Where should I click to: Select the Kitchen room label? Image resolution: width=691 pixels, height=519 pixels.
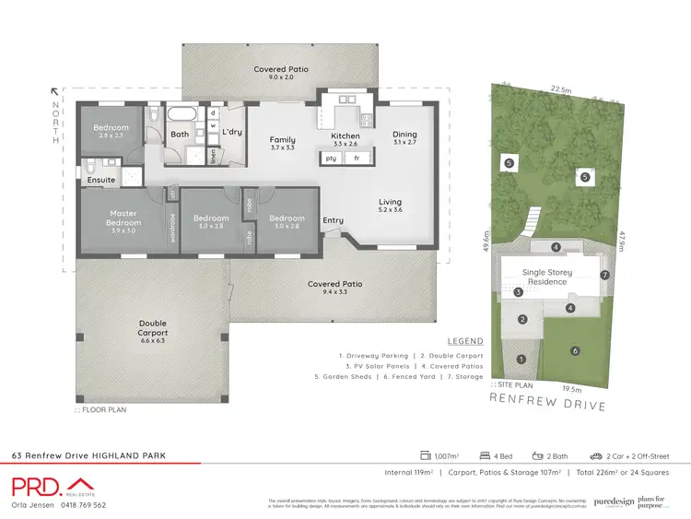[345, 136]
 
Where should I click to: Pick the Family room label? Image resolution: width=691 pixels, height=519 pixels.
[282, 140]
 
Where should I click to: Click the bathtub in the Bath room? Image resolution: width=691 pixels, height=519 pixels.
[181, 117]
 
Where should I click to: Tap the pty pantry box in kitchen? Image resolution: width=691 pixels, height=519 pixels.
[331, 159]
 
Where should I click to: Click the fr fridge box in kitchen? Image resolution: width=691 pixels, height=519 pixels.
[356, 159]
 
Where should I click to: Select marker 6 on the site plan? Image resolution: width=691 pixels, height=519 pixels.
[575, 350]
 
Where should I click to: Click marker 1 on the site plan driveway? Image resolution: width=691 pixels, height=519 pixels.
[521, 360]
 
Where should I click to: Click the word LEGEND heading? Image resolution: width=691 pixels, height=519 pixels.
[464, 340]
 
